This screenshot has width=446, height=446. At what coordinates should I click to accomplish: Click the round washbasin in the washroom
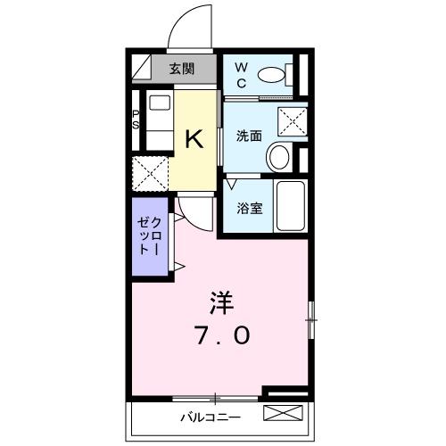pos(279,159)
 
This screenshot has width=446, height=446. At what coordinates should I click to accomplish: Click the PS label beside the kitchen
pos(136,120)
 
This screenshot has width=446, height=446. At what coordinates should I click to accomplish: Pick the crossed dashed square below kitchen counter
pos(152,173)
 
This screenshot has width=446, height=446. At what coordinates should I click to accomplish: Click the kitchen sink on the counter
pos(157,104)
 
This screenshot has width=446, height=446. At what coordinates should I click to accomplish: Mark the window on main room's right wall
pos(311,318)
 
